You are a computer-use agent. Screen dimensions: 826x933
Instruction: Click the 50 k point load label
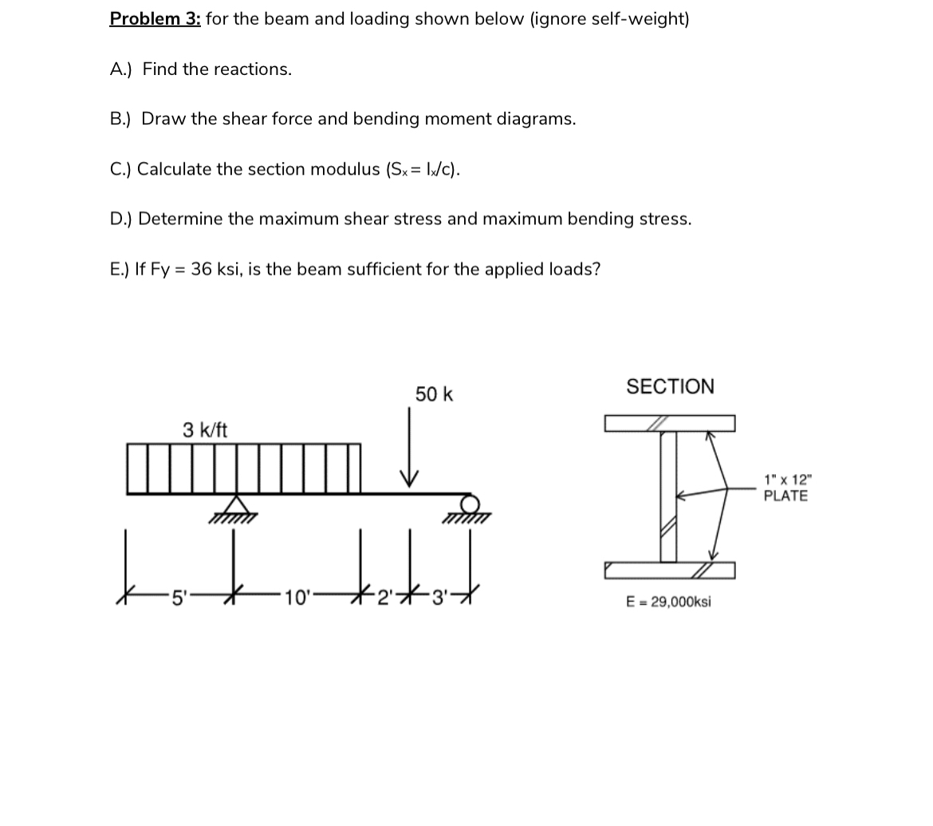[434, 394]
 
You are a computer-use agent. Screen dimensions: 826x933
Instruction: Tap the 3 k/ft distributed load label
[205, 430]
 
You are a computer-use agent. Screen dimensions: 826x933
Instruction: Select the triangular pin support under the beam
[234, 506]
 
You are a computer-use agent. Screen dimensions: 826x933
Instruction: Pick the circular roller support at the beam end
[470, 504]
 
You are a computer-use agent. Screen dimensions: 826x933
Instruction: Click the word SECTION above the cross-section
[670, 387]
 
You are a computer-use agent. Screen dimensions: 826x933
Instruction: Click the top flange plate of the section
[670, 423]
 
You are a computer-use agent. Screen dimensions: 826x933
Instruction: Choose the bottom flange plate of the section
[670, 570]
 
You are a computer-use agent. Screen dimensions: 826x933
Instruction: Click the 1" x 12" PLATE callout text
[785, 488]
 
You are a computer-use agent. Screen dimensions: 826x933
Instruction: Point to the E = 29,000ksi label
[668, 602]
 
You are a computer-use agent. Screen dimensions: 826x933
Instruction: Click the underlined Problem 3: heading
[155, 18]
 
